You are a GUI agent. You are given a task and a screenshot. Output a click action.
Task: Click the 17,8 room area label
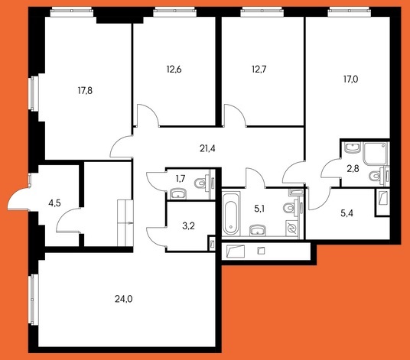(85, 91)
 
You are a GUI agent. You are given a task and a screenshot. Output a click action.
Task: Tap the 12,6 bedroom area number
(174, 70)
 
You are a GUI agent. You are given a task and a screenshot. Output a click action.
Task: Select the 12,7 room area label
(259, 70)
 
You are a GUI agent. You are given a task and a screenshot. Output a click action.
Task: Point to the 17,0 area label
(350, 79)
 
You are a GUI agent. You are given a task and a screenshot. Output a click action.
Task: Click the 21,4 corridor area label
(207, 148)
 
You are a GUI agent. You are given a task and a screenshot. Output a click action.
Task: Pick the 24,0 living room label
(123, 299)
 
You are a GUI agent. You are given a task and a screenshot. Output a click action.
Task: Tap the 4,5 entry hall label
(54, 203)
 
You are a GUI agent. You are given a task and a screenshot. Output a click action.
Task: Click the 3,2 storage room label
(188, 225)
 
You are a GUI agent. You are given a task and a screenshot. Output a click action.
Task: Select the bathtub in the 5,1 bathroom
(231, 213)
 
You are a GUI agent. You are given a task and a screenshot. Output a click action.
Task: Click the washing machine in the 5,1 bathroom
(291, 229)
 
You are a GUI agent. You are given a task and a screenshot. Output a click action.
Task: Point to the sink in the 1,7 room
(178, 194)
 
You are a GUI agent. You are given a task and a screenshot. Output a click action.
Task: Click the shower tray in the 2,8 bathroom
(375, 154)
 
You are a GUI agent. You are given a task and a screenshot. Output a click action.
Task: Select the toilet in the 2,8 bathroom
(377, 175)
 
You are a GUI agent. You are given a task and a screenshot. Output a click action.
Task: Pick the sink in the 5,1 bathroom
(258, 231)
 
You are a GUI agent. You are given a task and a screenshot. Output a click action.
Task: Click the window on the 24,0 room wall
(33, 300)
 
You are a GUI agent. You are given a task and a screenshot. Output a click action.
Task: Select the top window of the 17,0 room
(349, 11)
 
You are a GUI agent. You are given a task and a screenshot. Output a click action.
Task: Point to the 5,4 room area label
(347, 213)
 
